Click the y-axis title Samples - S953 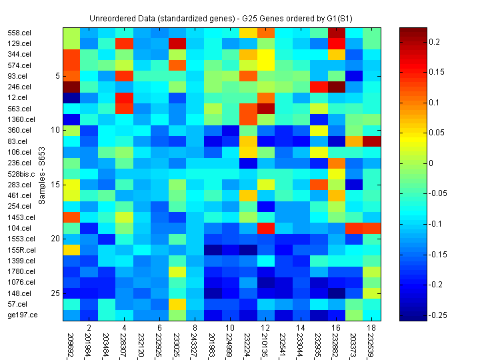41,174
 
